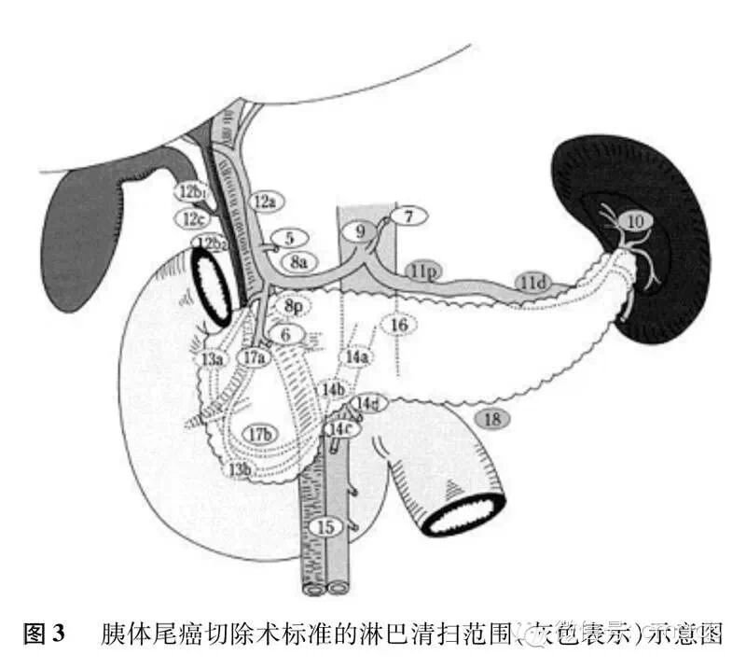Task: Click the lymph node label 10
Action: [x=634, y=221]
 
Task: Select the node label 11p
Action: [x=421, y=271]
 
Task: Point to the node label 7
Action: [x=408, y=216]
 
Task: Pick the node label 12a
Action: [x=265, y=200]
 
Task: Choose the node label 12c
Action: [x=193, y=219]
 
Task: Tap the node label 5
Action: [x=290, y=239]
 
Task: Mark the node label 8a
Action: [x=298, y=262]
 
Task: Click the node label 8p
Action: [x=293, y=306]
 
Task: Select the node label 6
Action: [x=286, y=333]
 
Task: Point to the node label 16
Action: [x=399, y=325]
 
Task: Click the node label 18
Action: [x=492, y=419]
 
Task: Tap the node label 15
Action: [x=325, y=527]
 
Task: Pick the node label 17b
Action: [x=260, y=433]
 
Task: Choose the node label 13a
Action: [x=213, y=358]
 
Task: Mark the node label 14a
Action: [x=355, y=356]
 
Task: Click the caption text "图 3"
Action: [x=45, y=635]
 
